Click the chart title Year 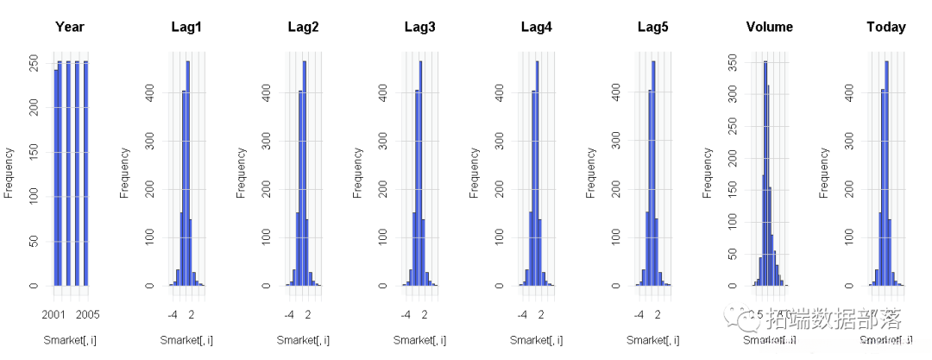coord(70,27)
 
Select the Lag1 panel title coord(186,27)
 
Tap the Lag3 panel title coord(419,27)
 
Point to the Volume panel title coord(769,27)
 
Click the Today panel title coord(885,27)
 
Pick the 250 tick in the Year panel coord(34,64)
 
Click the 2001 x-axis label coord(55,314)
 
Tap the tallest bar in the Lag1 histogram coord(187,173)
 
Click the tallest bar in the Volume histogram coord(765,173)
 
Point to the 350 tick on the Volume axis coord(733,62)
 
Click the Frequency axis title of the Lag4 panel coord(475,173)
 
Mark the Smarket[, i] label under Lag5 coord(652,340)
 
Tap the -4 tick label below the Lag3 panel coord(406,314)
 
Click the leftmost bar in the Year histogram coord(56,177)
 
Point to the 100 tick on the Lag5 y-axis coord(616,236)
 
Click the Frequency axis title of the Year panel coord(9,173)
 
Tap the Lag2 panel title coord(303,27)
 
